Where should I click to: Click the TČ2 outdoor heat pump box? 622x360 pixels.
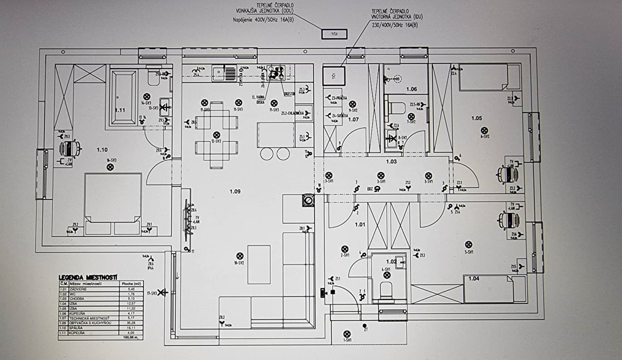click(x=334, y=34)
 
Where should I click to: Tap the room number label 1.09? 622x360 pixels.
click(x=235, y=191)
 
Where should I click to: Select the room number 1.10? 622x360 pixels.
click(x=102, y=150)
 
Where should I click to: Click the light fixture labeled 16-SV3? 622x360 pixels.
click(x=110, y=167)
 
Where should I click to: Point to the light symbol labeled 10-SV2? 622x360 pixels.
click(x=240, y=256)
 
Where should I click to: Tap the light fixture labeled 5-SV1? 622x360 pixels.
click(x=468, y=244)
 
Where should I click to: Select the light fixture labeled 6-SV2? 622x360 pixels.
click(x=485, y=131)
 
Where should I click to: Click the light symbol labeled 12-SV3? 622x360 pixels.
click(x=216, y=135)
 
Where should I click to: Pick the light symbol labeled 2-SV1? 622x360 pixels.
click(x=345, y=249)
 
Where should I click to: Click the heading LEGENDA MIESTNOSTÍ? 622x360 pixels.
click(x=88, y=277)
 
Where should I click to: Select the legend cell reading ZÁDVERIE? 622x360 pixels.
click(x=78, y=289)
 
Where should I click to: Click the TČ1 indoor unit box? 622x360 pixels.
click(x=334, y=76)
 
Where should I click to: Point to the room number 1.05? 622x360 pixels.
click(x=477, y=118)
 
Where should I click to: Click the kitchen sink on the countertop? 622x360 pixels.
click(x=218, y=72)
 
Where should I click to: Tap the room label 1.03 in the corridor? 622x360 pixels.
click(x=391, y=161)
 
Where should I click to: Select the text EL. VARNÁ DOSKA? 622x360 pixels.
click(x=259, y=99)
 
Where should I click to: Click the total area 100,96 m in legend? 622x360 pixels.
click(x=131, y=338)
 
